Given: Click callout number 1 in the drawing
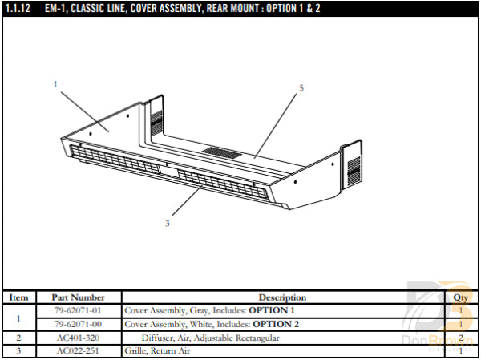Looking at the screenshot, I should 55,83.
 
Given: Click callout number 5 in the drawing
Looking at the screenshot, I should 301,87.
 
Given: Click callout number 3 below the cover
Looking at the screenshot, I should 168,223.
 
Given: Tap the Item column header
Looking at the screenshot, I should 18,297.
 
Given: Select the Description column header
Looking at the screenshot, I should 282,297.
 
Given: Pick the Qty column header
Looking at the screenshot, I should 460,297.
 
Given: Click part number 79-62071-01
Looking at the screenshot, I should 79,310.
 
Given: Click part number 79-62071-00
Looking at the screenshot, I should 79,324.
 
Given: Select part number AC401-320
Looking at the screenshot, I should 79,338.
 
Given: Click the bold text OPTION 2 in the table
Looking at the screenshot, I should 276,324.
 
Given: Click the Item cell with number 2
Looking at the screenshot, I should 18,338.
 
